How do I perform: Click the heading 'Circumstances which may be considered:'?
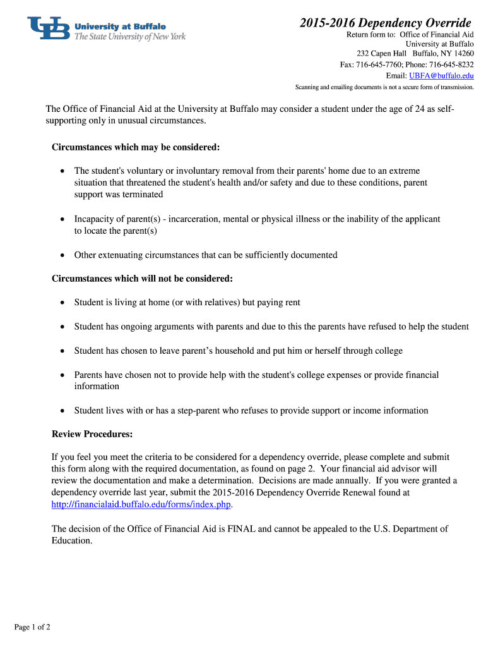point(136,147)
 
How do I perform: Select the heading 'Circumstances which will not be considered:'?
point(142,279)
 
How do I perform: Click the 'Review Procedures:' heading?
point(92,434)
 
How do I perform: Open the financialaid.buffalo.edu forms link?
point(141,504)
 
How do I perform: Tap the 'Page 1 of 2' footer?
point(32,627)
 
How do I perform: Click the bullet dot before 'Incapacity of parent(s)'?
point(62,219)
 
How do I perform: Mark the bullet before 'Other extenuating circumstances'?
point(62,255)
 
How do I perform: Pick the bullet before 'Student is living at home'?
point(62,303)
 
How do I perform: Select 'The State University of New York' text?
point(130,37)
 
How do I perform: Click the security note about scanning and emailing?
point(384,87)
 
